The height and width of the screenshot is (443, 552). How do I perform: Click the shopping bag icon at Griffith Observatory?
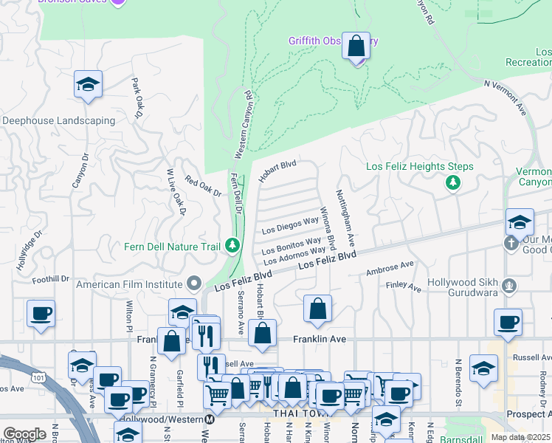point(356,46)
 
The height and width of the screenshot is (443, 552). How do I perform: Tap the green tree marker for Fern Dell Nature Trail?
point(233,244)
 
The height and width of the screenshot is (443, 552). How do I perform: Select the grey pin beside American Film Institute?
point(194,284)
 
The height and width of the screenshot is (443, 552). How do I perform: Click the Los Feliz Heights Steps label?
point(420,167)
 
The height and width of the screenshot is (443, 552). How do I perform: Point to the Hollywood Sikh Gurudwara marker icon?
point(508,285)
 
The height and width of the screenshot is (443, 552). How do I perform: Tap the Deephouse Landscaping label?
point(59,120)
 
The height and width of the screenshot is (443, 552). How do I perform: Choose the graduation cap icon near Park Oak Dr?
point(88,84)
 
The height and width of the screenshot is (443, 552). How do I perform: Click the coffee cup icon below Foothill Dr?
point(41,313)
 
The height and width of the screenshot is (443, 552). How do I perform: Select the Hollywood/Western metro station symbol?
point(209,419)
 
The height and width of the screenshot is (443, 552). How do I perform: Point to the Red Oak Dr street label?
point(203,187)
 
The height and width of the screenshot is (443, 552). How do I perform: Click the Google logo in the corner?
point(24,433)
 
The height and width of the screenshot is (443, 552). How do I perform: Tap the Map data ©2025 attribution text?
point(520,437)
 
